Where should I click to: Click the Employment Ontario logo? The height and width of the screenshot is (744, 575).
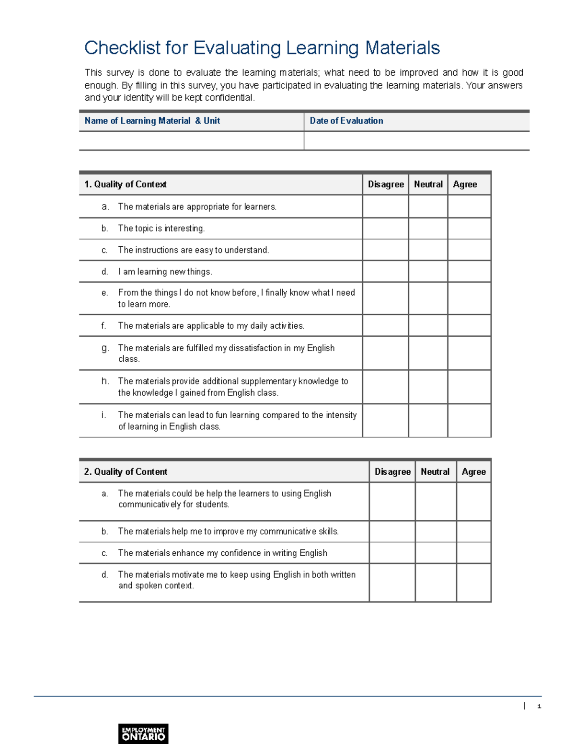point(143,733)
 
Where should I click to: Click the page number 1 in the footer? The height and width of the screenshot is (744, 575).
point(539,706)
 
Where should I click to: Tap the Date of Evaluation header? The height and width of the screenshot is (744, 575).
point(346,121)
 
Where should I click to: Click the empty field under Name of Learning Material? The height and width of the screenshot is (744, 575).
point(191,141)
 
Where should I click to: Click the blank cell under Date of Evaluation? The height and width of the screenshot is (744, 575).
point(416,141)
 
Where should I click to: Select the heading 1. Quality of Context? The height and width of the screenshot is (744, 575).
point(126,184)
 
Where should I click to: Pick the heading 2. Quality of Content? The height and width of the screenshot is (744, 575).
point(126,472)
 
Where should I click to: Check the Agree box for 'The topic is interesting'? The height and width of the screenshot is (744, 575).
point(469,229)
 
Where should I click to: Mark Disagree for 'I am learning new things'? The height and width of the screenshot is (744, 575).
point(385,272)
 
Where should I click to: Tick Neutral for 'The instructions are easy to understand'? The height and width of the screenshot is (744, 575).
point(428,250)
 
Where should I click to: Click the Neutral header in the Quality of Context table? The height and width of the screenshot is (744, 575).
point(428,184)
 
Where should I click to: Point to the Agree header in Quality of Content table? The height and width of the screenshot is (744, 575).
point(473,472)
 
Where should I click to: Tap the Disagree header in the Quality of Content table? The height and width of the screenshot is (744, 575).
point(392,472)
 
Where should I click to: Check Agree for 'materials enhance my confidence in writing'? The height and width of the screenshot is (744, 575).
point(473,553)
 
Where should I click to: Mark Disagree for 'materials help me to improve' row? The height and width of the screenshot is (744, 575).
point(392,531)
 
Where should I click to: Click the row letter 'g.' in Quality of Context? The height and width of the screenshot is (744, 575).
point(105,348)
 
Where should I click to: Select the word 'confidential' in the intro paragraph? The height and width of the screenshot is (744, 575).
point(229,98)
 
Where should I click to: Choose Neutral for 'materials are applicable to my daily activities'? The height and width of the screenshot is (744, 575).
point(428,326)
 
